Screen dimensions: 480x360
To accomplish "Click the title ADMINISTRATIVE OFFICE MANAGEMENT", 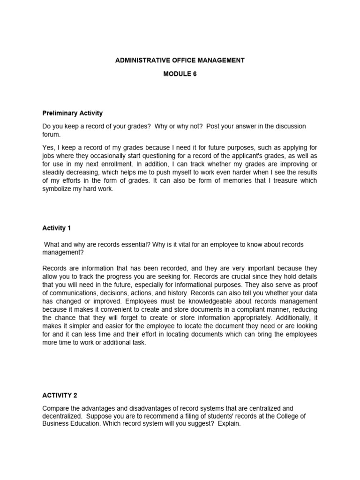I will tap(180, 60).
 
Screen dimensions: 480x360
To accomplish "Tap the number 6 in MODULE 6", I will tap(195, 74).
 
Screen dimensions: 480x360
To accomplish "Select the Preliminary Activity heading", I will tap(72, 113).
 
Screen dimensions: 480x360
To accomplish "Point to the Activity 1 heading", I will tap(57, 228).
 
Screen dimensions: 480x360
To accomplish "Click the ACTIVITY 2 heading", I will tap(58, 396).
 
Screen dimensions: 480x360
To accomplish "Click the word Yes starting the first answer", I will tap(48, 147).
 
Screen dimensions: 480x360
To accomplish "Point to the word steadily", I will tap(54, 172).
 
